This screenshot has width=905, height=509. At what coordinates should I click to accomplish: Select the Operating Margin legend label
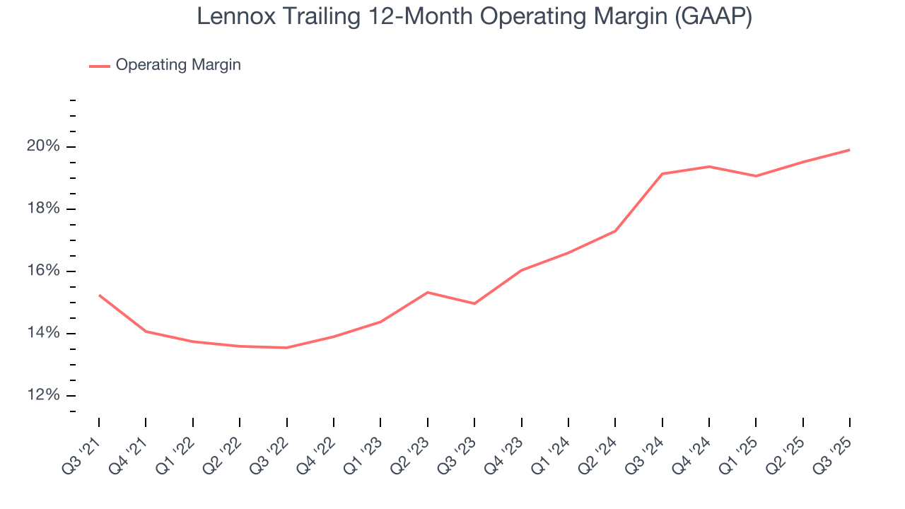coord(178,65)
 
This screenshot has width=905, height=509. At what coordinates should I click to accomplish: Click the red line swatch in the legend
coord(99,66)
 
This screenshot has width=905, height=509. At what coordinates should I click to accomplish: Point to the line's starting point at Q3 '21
coord(99,295)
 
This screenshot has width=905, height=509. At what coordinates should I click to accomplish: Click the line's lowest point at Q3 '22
coord(286,348)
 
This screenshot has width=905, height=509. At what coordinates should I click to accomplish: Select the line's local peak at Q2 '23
coord(427,292)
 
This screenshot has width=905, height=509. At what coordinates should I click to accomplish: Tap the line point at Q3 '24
coord(662,174)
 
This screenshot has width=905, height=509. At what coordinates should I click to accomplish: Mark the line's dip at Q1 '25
coord(756,176)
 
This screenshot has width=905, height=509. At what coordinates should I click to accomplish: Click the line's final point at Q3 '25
coord(849,150)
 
